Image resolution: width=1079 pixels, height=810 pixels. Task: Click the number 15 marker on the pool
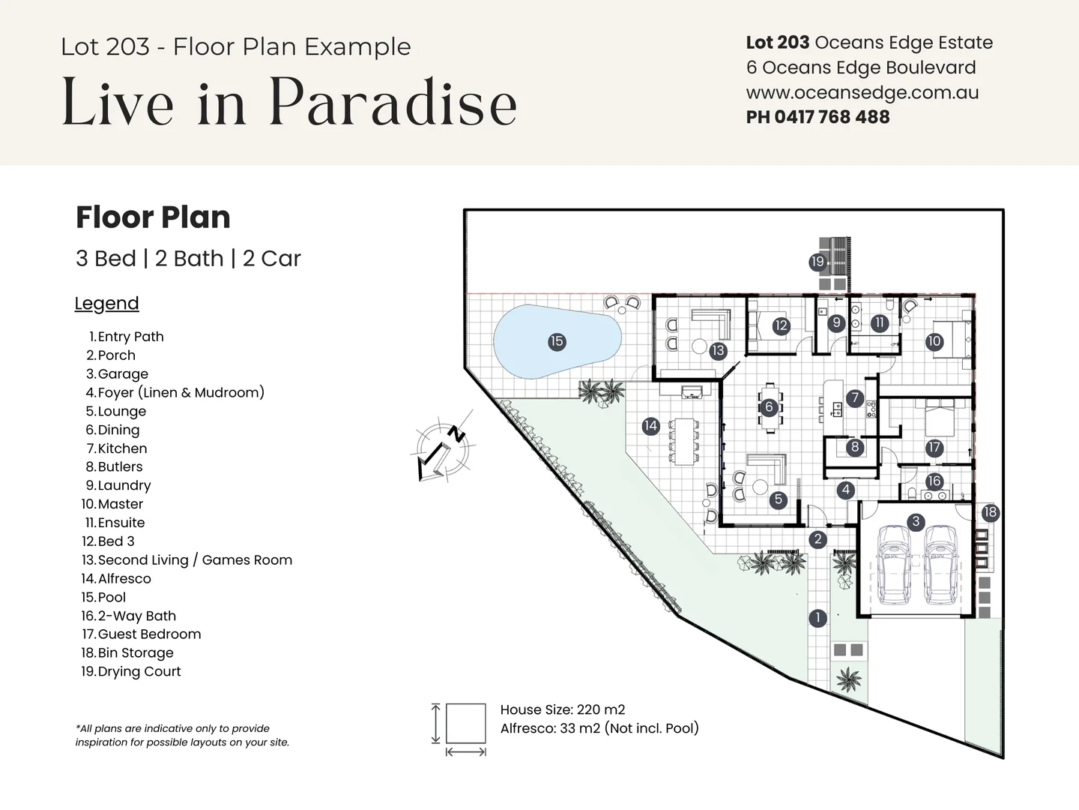pos(556,341)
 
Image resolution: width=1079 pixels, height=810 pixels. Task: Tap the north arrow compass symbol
pos(443,450)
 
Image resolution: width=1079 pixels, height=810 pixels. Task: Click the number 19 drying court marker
pos(817,262)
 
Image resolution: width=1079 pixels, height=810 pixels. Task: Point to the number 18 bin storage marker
pos(990,512)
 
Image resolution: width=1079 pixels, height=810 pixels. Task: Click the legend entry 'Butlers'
pos(120,466)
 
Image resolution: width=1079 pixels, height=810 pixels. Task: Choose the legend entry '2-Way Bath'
pos(136,616)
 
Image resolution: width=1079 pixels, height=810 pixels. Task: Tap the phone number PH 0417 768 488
pos(817,117)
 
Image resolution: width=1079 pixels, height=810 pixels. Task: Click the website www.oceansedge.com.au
pos(862,92)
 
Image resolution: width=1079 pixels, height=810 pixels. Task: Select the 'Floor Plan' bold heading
pos(153,217)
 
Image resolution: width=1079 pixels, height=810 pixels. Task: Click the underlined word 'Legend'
pos(106,304)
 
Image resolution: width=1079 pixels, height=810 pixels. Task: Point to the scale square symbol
pos(465,724)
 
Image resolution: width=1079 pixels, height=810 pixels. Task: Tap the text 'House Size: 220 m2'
pos(562,709)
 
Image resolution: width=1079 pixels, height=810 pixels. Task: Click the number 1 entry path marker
pos(817,618)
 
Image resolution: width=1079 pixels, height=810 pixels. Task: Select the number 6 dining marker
pos(769,407)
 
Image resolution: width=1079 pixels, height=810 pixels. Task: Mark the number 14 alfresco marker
pos(650,426)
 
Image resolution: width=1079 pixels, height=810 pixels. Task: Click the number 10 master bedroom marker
pos(934,341)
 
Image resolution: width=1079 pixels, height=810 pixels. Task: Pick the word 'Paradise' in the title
pos(393,102)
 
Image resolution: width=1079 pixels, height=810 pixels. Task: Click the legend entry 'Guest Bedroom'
pos(149,634)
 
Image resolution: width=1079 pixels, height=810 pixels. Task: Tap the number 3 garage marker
pos(915,521)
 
